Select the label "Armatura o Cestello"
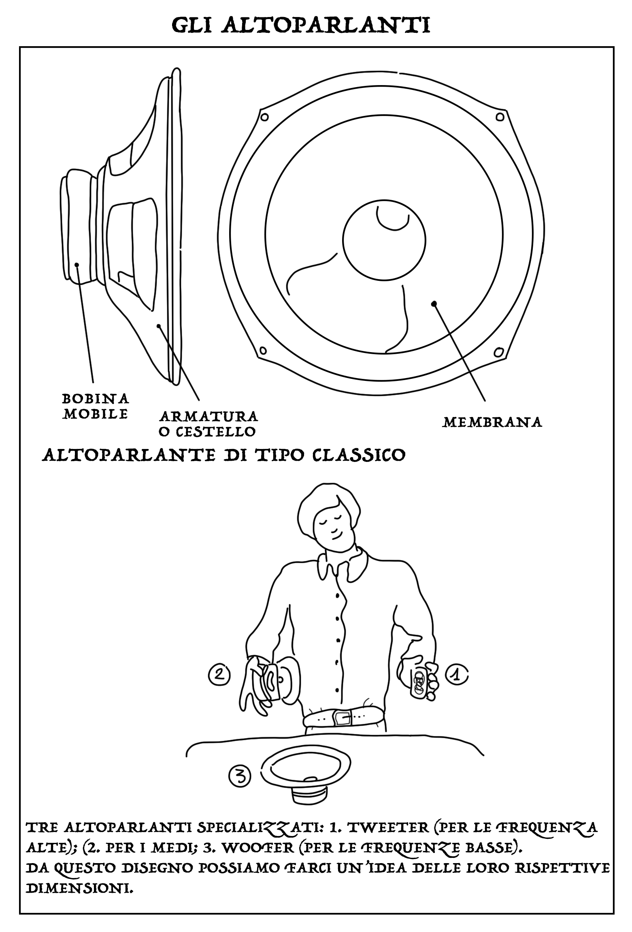pos(208,424)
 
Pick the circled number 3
pos(240,776)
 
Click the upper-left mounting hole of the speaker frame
pos(265,118)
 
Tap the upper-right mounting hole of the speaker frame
pos(500,118)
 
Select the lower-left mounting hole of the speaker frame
pos(262,350)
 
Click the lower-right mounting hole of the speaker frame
pos(498,351)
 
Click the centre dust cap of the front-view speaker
pos(384,240)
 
